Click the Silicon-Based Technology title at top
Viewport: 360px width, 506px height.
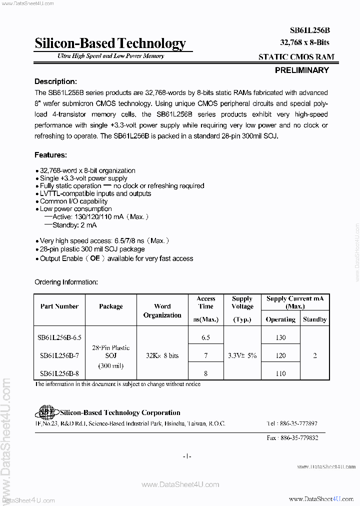(110, 43)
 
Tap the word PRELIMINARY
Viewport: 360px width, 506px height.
(302, 70)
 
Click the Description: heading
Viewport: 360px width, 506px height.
(55, 81)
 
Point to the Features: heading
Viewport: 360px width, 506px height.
(50, 155)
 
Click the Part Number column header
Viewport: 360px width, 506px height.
(59, 306)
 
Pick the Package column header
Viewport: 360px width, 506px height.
(111, 306)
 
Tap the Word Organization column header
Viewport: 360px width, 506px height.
(162, 310)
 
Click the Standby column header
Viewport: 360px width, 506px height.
(315, 319)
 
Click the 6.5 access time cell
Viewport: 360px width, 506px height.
(205, 337)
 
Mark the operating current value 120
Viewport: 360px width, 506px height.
(280, 355)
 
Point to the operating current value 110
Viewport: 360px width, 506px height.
(280, 373)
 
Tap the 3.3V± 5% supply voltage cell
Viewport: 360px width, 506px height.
(242, 355)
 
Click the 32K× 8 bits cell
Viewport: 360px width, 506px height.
(162, 355)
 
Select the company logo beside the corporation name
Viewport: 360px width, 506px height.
(46, 412)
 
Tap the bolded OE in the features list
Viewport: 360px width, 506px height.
(95, 258)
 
